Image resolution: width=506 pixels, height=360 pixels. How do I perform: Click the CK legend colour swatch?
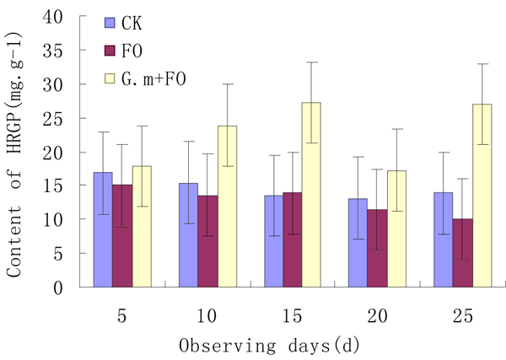pyautogui.click(x=110, y=21)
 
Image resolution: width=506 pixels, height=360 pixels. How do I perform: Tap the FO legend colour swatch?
pyautogui.click(x=110, y=50)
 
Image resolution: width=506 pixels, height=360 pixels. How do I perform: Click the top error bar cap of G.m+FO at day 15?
pyautogui.click(x=311, y=62)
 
